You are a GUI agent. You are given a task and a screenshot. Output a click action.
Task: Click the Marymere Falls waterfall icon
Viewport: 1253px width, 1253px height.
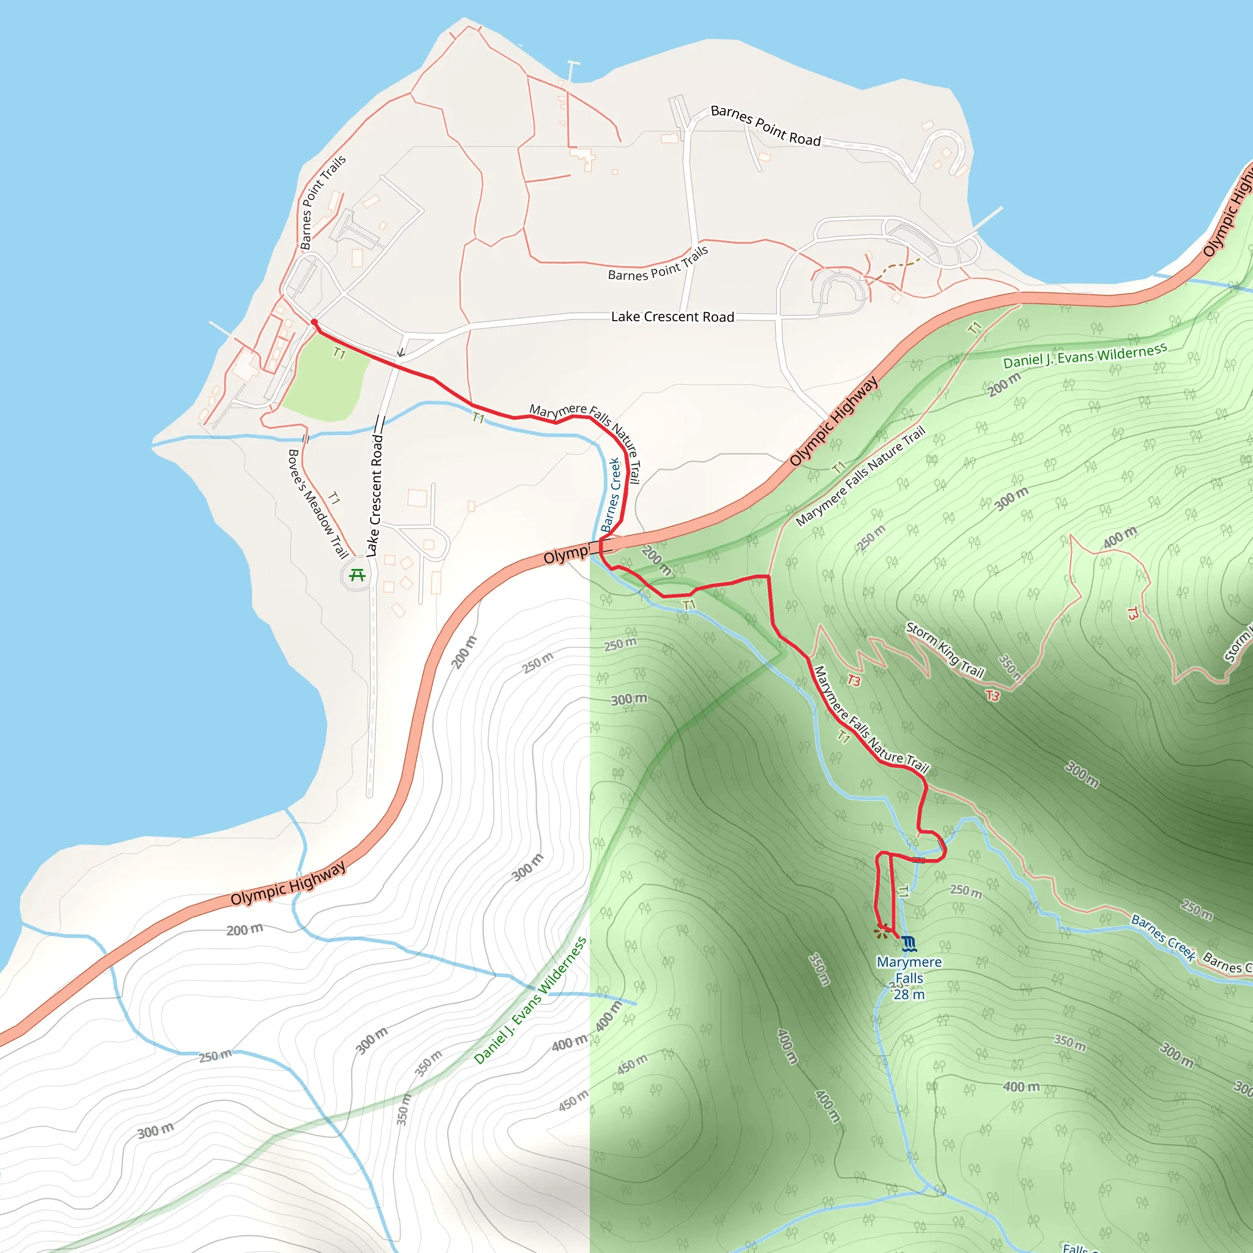[909, 943]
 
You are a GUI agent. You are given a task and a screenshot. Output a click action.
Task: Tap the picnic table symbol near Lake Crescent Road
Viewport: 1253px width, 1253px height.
[357, 574]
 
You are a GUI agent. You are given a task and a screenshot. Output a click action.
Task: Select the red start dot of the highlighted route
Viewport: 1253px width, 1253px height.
[314, 322]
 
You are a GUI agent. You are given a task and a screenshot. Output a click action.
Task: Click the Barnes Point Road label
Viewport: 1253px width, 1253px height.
[765, 125]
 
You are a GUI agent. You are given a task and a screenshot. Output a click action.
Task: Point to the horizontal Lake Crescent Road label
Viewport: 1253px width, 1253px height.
[672, 316]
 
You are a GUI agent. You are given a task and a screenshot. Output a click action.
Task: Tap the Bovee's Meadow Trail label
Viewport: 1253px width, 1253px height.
[317, 504]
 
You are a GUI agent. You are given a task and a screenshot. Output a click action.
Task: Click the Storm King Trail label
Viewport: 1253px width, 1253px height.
[945, 650]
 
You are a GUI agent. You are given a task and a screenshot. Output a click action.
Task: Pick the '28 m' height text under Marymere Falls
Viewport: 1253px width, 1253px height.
[909, 994]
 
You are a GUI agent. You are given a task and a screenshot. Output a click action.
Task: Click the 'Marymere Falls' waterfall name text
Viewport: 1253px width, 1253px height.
[909, 970]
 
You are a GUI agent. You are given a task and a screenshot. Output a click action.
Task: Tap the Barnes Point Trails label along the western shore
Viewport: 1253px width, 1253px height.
[322, 202]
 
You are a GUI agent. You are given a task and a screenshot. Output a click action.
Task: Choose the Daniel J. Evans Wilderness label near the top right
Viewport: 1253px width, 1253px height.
[1084, 356]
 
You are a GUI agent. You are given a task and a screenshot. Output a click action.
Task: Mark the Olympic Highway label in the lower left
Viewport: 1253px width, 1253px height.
[288, 883]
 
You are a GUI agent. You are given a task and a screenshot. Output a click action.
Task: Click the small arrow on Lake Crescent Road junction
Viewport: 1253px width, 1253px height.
[401, 352]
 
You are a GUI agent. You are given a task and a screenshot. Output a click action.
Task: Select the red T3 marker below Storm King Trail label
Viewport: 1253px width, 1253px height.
[992, 696]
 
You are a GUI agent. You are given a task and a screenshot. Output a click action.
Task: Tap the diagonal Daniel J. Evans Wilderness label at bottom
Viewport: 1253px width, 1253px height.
[530, 1001]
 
